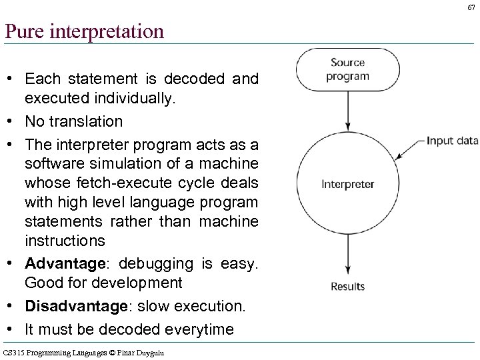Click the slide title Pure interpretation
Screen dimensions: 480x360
tap(84, 31)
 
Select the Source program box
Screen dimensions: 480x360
tap(348, 69)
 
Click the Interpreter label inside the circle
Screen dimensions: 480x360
tap(348, 184)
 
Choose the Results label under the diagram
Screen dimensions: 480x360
tap(348, 287)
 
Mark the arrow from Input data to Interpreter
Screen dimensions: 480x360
tap(407, 149)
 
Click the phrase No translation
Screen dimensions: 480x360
tap(74, 121)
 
